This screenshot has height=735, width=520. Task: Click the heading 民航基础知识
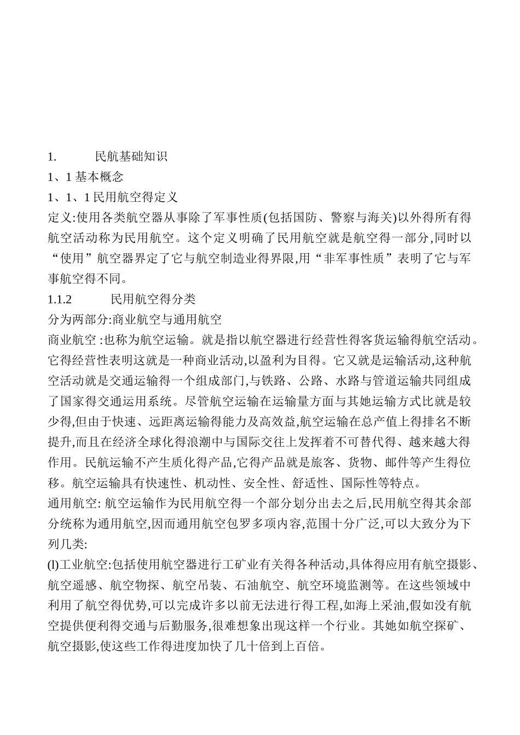coord(131,157)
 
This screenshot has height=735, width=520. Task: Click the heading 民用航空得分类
coord(153,300)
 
